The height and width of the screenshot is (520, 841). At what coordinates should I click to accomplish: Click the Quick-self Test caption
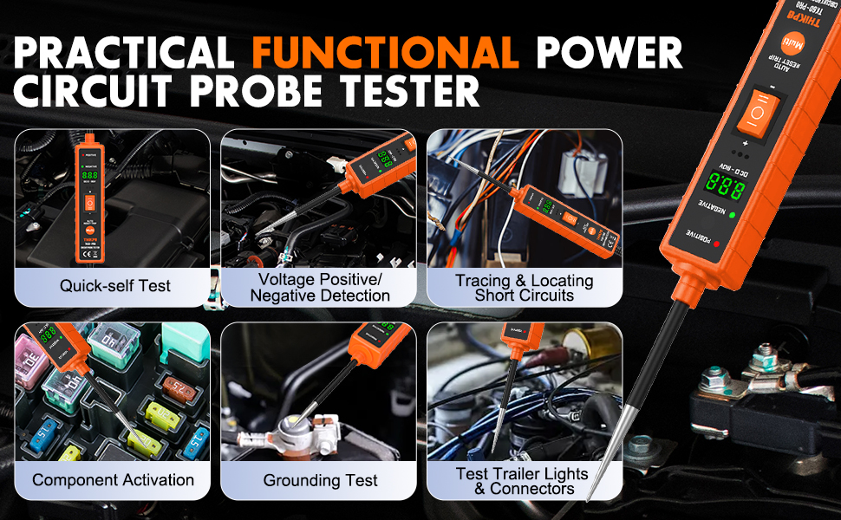pos(115,285)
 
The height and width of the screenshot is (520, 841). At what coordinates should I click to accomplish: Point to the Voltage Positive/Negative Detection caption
pos(320,288)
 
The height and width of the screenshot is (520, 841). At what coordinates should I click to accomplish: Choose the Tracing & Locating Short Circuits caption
pos(525,288)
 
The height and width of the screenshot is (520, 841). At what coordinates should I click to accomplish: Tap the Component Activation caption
pos(113,479)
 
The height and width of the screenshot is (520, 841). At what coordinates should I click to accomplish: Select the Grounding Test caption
pos(320,480)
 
